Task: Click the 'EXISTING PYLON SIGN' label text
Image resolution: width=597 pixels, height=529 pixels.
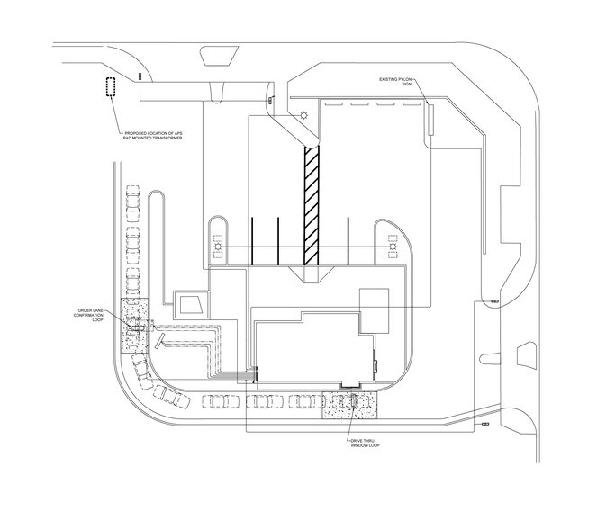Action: tap(395, 81)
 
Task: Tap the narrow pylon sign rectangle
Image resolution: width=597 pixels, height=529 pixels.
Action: tap(430, 120)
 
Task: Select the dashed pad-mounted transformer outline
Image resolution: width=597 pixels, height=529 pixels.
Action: tap(111, 87)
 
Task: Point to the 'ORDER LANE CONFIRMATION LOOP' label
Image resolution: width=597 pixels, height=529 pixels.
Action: tap(88, 315)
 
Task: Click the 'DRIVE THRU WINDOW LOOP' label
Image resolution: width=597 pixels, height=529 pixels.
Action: tap(365, 443)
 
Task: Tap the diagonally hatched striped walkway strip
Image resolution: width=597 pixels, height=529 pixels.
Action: tap(311, 206)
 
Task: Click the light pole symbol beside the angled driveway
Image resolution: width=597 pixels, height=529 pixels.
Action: tap(303, 115)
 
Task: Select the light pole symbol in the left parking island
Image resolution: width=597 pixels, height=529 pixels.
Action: tap(218, 247)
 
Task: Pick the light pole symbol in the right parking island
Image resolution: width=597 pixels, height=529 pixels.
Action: tap(393, 247)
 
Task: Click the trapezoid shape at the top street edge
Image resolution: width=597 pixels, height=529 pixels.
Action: tap(219, 56)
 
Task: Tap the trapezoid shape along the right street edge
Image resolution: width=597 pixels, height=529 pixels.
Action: tap(527, 354)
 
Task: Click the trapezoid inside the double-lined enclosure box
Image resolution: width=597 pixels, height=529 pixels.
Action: tap(192, 305)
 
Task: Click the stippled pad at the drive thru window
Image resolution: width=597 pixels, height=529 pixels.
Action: tap(349, 406)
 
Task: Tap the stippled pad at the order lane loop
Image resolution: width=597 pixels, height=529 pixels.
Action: tap(134, 326)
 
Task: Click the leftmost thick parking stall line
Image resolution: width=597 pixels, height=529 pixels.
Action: tap(252, 241)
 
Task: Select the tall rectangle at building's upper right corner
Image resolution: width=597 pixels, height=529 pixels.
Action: tap(375, 311)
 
